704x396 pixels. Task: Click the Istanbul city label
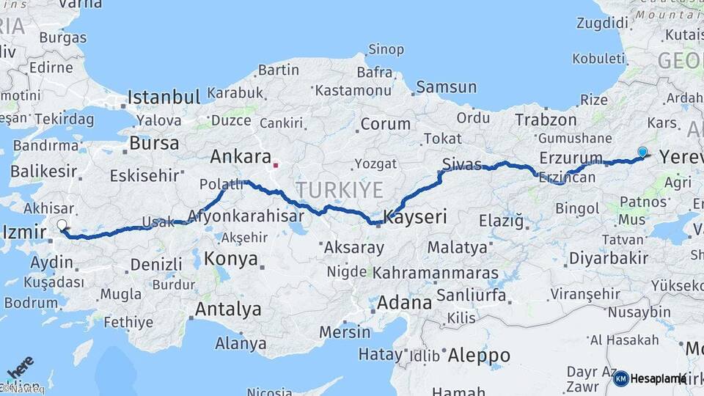pyautogui.click(x=164, y=98)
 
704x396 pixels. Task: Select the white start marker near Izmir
pyautogui.click(x=62, y=225)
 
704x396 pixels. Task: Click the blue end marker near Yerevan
pyautogui.click(x=642, y=152)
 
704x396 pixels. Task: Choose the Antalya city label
pyautogui.click(x=227, y=309)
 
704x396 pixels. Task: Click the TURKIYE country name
pyautogui.click(x=340, y=191)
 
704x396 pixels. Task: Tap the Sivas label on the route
pyautogui.click(x=462, y=164)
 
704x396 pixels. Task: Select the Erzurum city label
pyautogui.click(x=571, y=158)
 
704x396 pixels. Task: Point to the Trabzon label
pyautogui.click(x=546, y=119)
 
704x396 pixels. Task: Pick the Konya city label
pyautogui.click(x=231, y=258)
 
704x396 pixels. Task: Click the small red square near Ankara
pyautogui.click(x=276, y=165)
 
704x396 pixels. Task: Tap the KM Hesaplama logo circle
pyautogui.click(x=620, y=378)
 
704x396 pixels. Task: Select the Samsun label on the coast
pyautogui.click(x=446, y=87)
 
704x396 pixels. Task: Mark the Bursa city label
pyautogui.click(x=154, y=142)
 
